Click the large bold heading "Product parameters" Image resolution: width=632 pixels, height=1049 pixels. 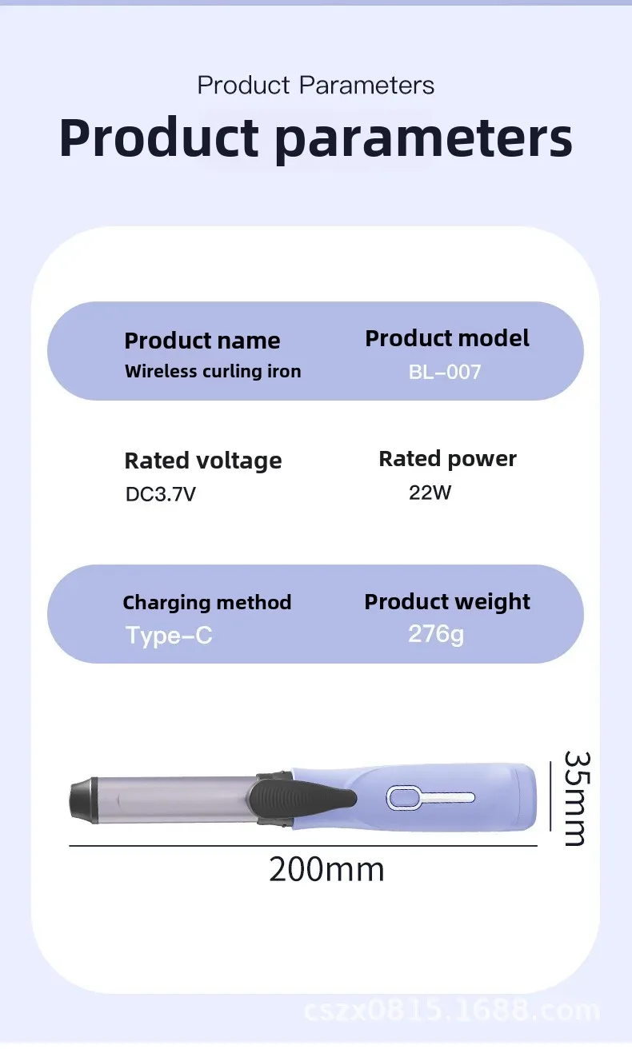315,138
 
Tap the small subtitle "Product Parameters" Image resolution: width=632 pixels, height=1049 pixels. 315,85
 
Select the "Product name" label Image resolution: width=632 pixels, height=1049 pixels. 202,341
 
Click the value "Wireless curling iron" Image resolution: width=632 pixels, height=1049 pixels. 213,371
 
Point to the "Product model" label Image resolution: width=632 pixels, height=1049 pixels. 447,338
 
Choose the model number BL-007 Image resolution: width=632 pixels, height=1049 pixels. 445,372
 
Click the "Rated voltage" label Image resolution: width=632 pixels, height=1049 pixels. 203,461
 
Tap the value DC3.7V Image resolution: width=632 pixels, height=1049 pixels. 160,494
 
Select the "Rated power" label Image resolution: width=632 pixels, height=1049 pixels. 447,459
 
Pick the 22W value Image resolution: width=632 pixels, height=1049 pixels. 430,493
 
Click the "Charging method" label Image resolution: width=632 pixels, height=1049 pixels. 206,602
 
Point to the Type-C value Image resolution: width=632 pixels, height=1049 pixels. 169,636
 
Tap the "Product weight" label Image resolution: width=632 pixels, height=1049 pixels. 447,601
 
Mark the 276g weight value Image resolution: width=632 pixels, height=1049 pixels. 436,634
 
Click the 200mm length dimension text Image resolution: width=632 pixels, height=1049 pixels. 326,869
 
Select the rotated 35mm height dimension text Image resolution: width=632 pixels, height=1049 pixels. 574,797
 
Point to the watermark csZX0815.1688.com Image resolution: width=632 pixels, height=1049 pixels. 452,1011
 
